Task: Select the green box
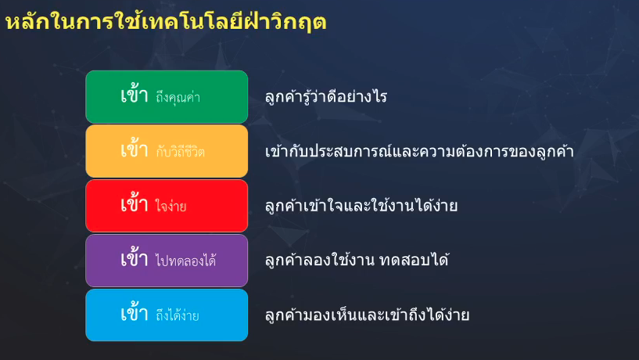tap(167, 96)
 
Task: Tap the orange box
tap(167, 151)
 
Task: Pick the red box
tap(167, 206)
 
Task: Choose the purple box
tap(167, 261)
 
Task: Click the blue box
tap(167, 315)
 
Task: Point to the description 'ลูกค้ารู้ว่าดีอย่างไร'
tap(326, 97)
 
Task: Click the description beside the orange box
tap(419, 151)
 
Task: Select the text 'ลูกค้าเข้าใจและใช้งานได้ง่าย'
tap(361, 205)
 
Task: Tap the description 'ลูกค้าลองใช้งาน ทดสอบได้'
tap(357, 260)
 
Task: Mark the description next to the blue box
tap(367, 315)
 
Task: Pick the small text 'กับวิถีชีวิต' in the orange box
tap(180, 152)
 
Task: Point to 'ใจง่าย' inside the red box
tap(171, 206)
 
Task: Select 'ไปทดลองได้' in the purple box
tap(186, 260)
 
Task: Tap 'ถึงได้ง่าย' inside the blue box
tap(178, 315)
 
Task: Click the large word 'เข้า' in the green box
tap(134, 95)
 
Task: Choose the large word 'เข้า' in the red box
tap(134, 203)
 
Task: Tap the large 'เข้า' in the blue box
tap(134, 313)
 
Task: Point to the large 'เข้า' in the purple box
tap(134, 258)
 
